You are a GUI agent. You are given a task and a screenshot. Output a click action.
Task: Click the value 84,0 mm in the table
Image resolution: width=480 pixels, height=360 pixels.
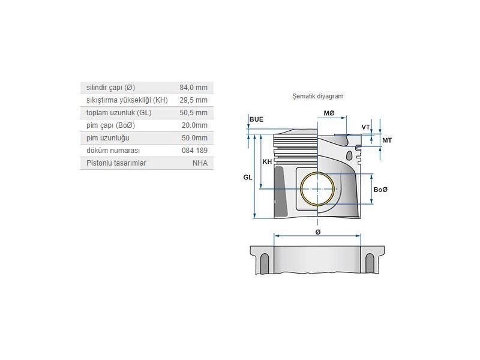(194, 88)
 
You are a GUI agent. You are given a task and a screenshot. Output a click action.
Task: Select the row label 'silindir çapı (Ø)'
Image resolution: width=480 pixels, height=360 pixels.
(110, 88)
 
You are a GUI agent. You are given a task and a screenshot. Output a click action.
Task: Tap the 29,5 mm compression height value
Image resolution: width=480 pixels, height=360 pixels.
(194, 100)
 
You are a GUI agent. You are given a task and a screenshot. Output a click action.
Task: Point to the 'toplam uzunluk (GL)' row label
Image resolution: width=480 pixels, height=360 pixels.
(113, 113)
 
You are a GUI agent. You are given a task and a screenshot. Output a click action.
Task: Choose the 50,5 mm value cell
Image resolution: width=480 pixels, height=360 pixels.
(194, 113)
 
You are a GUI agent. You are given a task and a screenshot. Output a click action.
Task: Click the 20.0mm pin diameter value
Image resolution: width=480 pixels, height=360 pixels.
(194, 125)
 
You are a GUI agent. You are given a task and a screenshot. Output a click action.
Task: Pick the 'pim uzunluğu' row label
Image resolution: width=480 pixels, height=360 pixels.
(104, 138)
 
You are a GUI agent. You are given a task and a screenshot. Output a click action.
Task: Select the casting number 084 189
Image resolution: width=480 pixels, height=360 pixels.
(194, 151)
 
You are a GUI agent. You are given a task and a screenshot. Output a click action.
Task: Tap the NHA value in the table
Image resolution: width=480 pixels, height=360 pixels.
(200, 163)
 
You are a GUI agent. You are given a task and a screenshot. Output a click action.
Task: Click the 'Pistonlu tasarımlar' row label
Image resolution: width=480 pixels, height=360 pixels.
(116, 163)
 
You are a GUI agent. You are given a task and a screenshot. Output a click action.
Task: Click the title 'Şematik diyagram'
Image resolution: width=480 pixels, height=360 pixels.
(317, 96)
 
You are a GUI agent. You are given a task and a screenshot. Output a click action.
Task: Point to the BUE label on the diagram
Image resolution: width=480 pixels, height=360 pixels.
(256, 119)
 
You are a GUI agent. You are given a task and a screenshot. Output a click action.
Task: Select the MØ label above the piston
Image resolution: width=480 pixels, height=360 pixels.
(329, 113)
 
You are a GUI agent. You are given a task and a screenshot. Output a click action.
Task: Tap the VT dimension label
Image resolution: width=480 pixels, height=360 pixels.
(365, 127)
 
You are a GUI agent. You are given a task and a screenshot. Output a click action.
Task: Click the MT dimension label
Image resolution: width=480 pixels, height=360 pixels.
(387, 140)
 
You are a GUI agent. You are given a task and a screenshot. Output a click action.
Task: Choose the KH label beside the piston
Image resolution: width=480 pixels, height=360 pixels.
(267, 162)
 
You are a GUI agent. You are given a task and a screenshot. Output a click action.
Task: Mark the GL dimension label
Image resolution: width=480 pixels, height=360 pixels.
(247, 178)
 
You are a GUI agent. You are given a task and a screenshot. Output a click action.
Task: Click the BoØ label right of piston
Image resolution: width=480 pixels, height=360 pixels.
(380, 190)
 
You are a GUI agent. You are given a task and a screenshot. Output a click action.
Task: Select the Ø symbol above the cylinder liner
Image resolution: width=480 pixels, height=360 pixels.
(317, 232)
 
